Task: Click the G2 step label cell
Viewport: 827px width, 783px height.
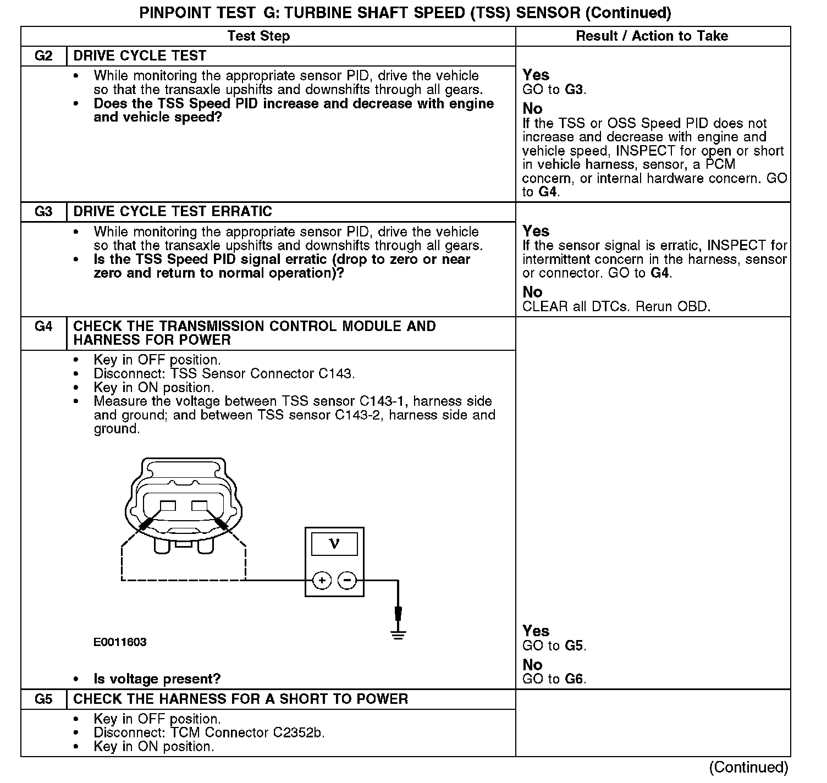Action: tap(43, 56)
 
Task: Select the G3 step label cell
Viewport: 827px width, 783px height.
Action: tap(43, 212)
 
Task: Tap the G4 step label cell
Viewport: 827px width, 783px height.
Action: tap(43, 327)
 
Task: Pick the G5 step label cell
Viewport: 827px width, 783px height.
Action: tap(43, 699)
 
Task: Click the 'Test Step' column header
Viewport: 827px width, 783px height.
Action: tap(258, 36)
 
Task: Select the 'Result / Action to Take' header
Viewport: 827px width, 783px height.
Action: tap(652, 36)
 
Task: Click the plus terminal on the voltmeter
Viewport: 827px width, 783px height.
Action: tap(322, 580)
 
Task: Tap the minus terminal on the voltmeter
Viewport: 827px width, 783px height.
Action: tap(347, 580)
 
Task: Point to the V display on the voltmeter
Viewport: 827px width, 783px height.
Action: tap(334, 544)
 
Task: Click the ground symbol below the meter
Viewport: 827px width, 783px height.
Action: tap(398, 635)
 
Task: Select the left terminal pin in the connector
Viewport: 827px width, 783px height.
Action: tap(168, 506)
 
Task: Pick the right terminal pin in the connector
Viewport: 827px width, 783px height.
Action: tap(199, 506)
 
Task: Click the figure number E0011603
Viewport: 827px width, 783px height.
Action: tap(120, 642)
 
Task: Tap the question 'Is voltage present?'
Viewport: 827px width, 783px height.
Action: tap(157, 679)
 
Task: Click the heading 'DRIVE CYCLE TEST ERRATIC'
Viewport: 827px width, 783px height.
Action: tap(173, 212)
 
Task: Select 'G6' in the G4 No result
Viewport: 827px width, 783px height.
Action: tap(575, 679)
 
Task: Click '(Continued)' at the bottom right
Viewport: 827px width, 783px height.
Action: tap(748, 768)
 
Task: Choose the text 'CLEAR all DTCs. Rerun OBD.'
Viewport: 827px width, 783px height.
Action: tap(616, 306)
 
